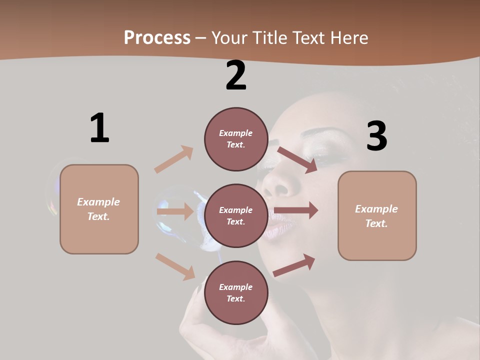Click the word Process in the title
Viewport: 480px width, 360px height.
[x=157, y=38]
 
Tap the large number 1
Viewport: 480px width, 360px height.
[x=99, y=128]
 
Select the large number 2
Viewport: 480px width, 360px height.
[x=236, y=75]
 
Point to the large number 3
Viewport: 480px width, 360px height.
[x=376, y=136]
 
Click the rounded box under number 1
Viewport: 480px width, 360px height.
[x=99, y=209]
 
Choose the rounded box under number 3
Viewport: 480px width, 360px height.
[x=377, y=215]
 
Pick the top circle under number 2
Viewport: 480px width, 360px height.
[x=236, y=138]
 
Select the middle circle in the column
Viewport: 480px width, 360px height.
[x=236, y=215]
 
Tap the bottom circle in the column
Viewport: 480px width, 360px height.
[x=236, y=292]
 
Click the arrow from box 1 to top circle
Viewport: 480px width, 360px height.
[x=174, y=159]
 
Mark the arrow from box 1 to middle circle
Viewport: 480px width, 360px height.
[x=174, y=211]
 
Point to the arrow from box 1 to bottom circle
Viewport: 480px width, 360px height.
[x=175, y=266]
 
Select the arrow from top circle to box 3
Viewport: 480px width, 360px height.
[x=297, y=159]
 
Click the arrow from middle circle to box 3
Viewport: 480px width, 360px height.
[x=296, y=210]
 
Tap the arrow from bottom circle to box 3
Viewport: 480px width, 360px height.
[x=294, y=265]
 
